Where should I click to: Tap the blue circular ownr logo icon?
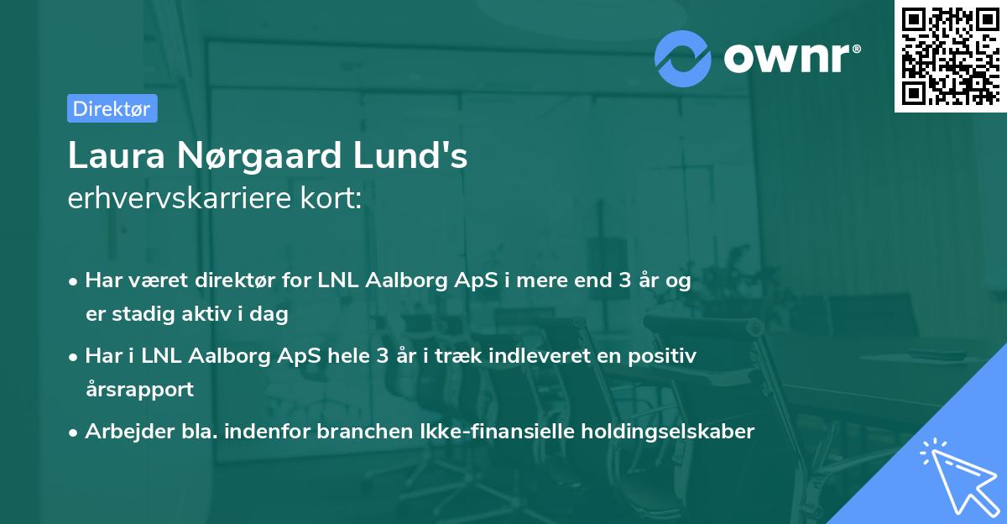coord(683,58)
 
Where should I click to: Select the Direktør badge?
coord(112,108)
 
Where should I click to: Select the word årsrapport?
coord(139,390)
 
